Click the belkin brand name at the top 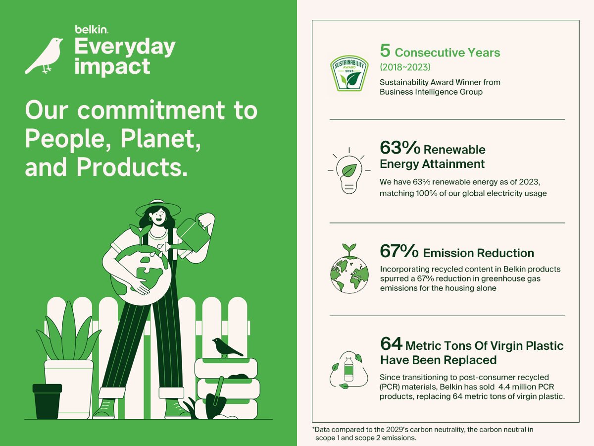pyautogui.click(x=92, y=29)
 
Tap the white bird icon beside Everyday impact pyautogui.click(x=44, y=56)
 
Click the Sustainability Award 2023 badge pyautogui.click(x=349, y=73)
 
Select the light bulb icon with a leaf pyautogui.click(x=349, y=170)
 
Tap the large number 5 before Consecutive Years pyautogui.click(x=385, y=51)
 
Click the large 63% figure pyautogui.click(x=400, y=148)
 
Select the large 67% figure pyautogui.click(x=399, y=251)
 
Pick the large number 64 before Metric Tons pyautogui.click(x=391, y=343)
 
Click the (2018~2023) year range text pyautogui.click(x=405, y=67)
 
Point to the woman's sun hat pyautogui.click(x=158, y=208)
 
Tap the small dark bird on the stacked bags pyautogui.click(x=227, y=348)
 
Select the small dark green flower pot pyautogui.click(x=47, y=401)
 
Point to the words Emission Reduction pyautogui.click(x=479, y=253)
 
